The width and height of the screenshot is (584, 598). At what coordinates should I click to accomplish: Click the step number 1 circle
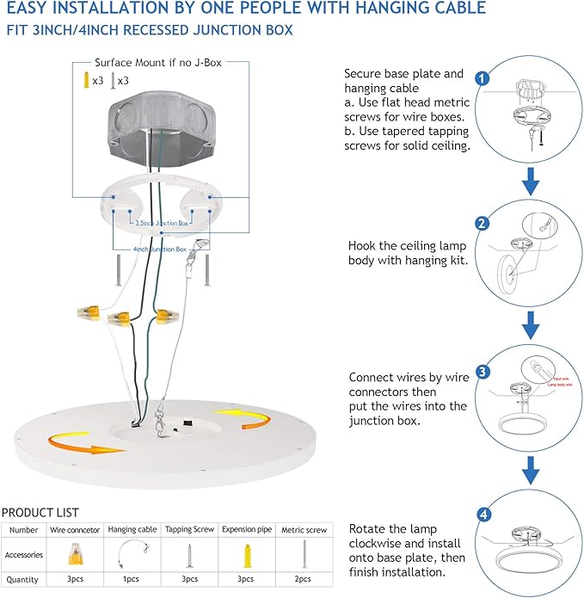click(483, 78)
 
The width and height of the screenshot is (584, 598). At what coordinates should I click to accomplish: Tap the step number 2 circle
click(483, 224)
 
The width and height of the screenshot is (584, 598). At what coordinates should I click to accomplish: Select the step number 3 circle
click(483, 371)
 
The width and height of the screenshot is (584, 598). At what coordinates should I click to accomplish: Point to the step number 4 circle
click(483, 515)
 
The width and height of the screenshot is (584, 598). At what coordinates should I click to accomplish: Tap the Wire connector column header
click(76, 530)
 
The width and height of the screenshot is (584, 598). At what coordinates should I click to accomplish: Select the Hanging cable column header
click(132, 530)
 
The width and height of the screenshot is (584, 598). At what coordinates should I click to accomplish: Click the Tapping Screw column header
click(190, 530)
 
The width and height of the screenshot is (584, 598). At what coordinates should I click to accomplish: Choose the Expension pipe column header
click(248, 530)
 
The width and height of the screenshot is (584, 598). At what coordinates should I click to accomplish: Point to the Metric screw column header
click(304, 530)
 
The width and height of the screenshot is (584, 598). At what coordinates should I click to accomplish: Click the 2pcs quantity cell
click(304, 579)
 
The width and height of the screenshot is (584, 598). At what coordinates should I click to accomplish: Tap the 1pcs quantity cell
click(132, 579)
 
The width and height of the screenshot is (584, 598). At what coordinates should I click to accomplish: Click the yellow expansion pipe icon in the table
click(248, 554)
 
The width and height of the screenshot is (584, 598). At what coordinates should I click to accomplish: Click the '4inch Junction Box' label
click(160, 250)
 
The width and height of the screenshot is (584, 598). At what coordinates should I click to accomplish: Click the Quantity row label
click(24, 579)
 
